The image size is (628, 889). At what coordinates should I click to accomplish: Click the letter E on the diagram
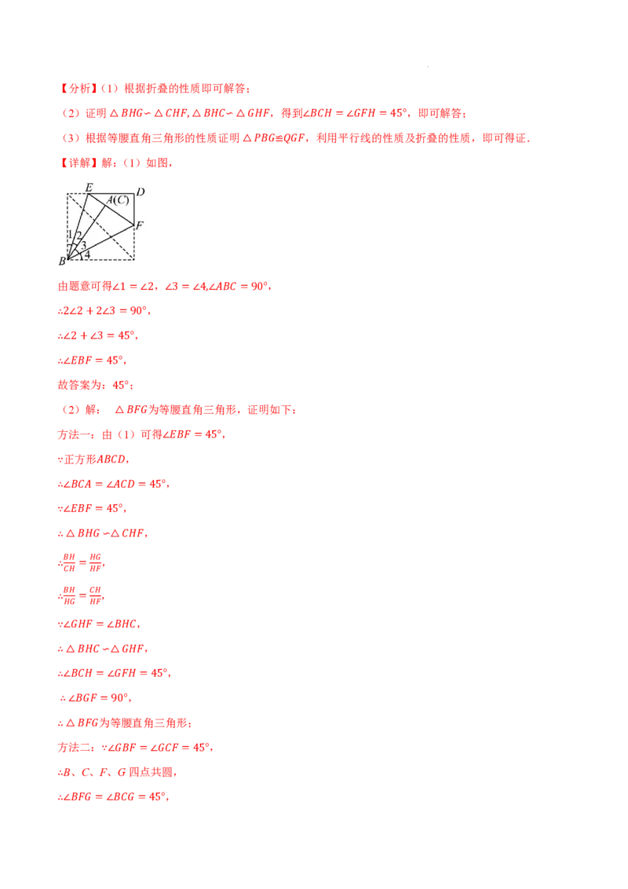89,187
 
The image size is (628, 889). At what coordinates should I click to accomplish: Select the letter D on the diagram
141,191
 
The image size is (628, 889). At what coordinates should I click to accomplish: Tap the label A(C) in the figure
118,200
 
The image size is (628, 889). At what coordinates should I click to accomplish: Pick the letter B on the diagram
62,261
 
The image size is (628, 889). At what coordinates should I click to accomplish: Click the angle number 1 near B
70,234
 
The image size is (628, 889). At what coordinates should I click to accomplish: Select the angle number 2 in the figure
78,236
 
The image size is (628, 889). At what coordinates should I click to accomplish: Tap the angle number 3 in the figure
83,245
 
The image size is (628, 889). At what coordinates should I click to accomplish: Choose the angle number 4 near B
86,254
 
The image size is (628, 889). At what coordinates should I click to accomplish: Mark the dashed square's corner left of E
68,194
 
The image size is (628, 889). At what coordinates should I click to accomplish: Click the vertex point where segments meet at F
134,226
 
